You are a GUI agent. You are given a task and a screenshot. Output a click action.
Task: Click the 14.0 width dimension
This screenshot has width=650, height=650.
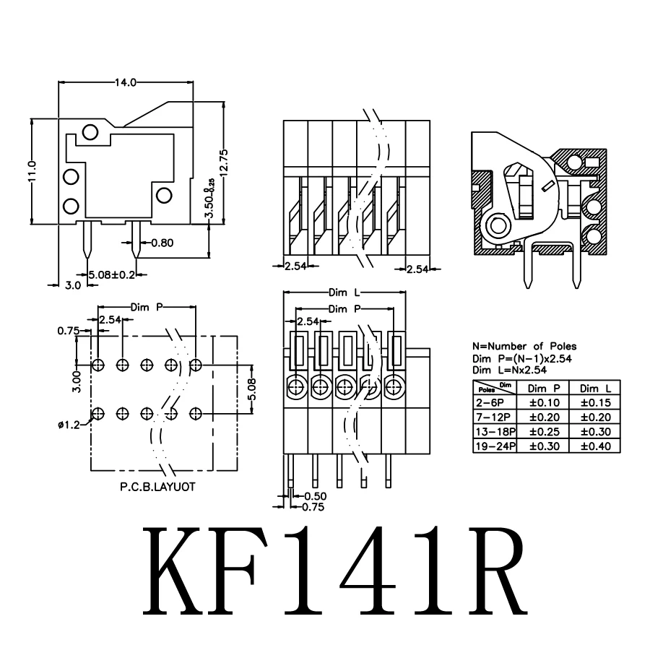125,82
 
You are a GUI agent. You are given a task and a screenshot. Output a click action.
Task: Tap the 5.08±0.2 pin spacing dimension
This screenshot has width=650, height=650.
111,274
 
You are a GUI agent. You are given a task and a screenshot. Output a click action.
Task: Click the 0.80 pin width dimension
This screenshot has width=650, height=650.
162,243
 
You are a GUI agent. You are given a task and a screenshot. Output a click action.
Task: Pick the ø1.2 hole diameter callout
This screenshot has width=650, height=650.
69,425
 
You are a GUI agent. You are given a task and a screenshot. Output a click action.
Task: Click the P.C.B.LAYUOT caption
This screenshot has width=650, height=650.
157,487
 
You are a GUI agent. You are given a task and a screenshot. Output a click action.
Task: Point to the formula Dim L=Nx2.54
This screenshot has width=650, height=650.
509,370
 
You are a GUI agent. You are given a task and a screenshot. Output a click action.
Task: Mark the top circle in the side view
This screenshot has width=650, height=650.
90,131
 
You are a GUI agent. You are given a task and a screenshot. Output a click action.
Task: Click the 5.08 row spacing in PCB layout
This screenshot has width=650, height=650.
251,389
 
